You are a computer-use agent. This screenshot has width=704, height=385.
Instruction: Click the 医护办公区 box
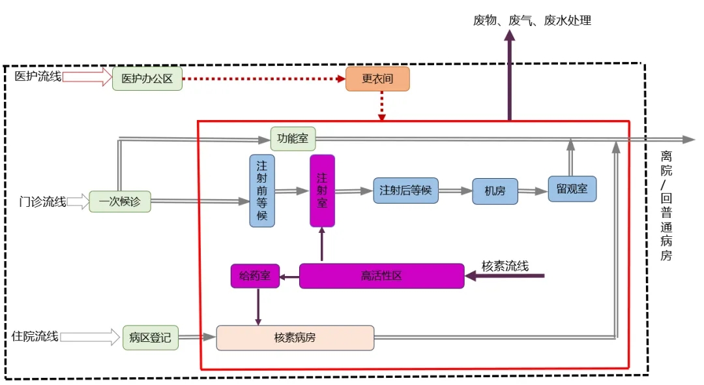pos(147,79)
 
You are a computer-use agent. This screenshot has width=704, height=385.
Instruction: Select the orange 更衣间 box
pos(377,79)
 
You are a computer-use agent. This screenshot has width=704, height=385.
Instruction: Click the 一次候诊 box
pos(120,202)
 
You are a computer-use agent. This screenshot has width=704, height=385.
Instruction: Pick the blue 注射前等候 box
pos(262,191)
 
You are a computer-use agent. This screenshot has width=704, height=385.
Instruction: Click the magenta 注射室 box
pos(322,191)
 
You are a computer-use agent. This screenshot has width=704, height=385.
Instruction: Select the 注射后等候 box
pos(406,191)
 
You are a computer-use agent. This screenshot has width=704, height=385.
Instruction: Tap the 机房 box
pos(495,191)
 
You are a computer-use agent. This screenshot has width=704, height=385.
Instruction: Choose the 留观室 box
pos(572,189)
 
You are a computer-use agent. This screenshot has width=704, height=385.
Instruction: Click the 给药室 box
pos(255,276)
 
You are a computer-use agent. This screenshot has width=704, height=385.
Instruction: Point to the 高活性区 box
pos(381,276)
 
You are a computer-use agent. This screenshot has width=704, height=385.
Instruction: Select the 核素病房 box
pos(295,337)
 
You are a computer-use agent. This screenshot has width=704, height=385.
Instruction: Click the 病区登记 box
pos(150,337)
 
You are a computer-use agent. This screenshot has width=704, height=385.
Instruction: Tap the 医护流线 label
pos(38,77)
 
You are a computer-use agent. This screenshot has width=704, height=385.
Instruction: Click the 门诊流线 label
pos(42,202)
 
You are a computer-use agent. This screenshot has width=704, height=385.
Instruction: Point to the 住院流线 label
pos(35,337)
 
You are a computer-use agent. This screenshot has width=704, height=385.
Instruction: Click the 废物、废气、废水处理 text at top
pos(532,21)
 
